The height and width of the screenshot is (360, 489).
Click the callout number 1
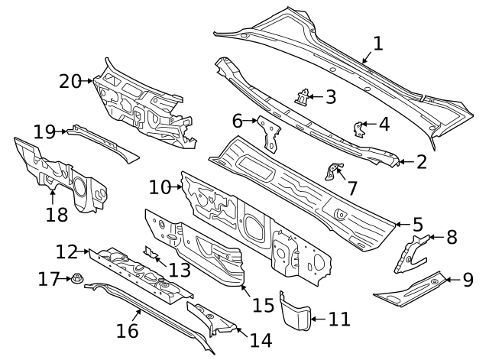click(x=378, y=44)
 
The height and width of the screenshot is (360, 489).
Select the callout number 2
click(x=422, y=161)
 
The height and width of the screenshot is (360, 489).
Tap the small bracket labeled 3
click(x=303, y=99)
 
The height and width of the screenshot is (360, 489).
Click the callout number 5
click(x=418, y=225)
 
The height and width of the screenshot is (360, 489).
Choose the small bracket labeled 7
click(x=332, y=171)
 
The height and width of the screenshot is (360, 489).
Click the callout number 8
click(x=452, y=237)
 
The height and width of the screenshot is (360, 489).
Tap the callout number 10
click(x=160, y=187)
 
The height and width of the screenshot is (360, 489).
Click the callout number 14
click(x=260, y=339)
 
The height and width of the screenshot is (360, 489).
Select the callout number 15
click(x=263, y=305)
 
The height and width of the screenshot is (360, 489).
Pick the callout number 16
click(x=128, y=330)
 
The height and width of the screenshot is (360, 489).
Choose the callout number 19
click(x=44, y=131)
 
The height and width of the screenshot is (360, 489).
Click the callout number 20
click(x=70, y=79)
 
